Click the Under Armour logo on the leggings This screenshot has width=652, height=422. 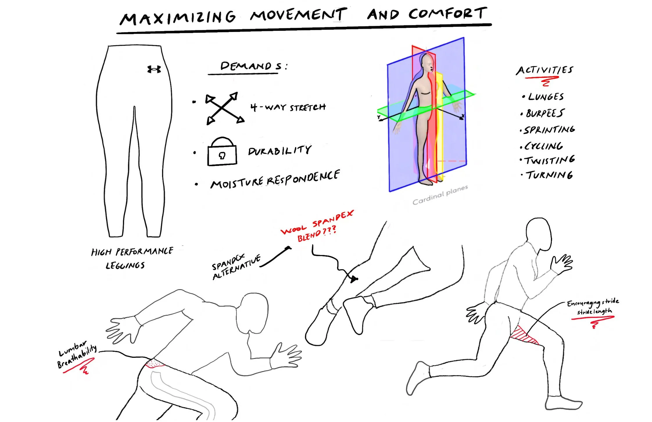click(154, 69)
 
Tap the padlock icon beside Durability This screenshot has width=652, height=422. click(222, 152)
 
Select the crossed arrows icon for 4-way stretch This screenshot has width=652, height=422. click(224, 108)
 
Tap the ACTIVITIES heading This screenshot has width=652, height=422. click(545, 70)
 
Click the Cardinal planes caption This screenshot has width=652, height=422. click(440, 195)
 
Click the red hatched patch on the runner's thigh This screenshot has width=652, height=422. click(523, 336)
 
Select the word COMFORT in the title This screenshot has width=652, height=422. click(448, 14)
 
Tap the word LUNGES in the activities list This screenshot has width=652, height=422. click(546, 97)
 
